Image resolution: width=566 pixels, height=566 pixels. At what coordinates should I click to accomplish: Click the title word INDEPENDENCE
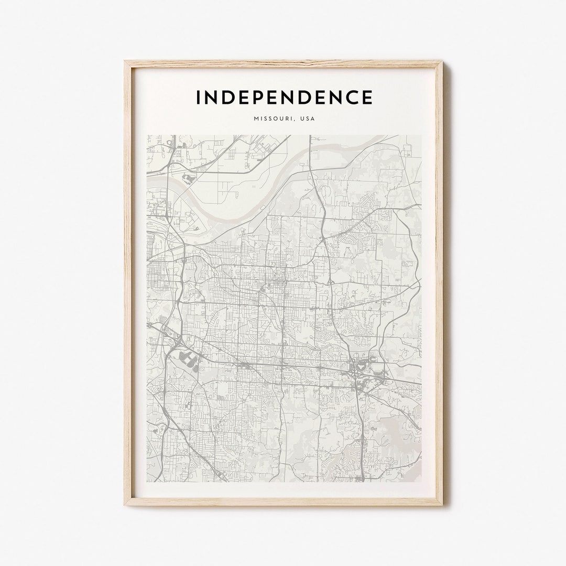pyautogui.click(x=284, y=97)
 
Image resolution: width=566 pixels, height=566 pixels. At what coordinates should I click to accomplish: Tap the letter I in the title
pyautogui.click(x=198, y=97)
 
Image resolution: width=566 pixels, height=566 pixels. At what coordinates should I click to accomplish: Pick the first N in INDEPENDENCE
pyautogui.click(x=211, y=97)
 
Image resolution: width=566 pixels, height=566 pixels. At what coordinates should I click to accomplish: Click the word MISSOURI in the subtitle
pyautogui.click(x=273, y=119)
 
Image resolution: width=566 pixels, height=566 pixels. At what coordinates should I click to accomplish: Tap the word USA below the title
pyautogui.click(x=308, y=119)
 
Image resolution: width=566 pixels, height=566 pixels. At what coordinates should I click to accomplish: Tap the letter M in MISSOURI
pyautogui.click(x=256, y=119)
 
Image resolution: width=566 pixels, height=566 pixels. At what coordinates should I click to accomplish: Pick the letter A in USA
pyautogui.click(x=313, y=119)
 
